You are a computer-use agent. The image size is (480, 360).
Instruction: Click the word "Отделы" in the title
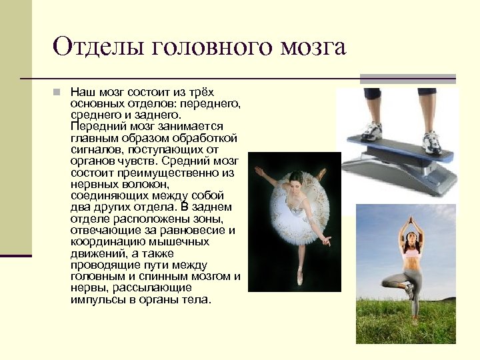point(99,47)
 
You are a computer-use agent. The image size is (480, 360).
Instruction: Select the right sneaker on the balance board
point(431,139)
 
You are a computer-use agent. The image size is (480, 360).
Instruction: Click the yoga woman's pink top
point(411,252)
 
